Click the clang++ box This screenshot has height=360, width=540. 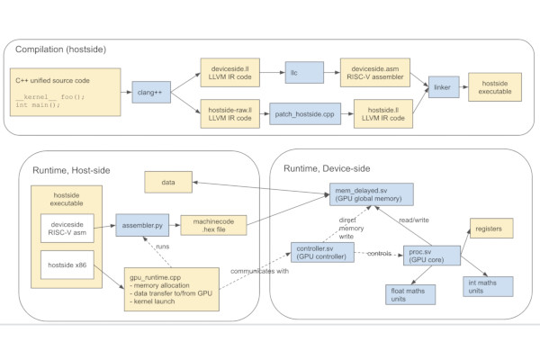tap(151, 92)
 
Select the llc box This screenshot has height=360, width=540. tap(304, 72)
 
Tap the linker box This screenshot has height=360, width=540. tap(444, 86)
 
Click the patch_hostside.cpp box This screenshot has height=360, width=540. tap(305, 113)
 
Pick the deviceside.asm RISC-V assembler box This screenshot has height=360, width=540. tap(375, 73)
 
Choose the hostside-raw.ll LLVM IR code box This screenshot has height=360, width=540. tap(230, 113)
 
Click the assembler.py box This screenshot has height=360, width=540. tap(142, 225)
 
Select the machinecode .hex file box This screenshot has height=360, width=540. tap(213, 225)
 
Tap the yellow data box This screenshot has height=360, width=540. tap(168, 182)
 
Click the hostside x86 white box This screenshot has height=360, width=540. tap(67, 265)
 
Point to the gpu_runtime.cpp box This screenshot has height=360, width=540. tap(172, 290)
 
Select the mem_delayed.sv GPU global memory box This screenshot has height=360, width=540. tap(371, 194)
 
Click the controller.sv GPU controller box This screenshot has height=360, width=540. tap(322, 253)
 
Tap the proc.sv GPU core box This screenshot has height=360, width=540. tap(432, 256)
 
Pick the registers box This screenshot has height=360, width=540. tap(491, 228)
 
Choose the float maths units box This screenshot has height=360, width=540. tap(410, 294)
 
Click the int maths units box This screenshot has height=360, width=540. tap(488, 286)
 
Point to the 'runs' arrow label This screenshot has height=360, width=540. tap(163, 247)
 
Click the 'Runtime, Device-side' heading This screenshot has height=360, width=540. tap(327, 168)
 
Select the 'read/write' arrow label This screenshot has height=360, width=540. tap(414, 220)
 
